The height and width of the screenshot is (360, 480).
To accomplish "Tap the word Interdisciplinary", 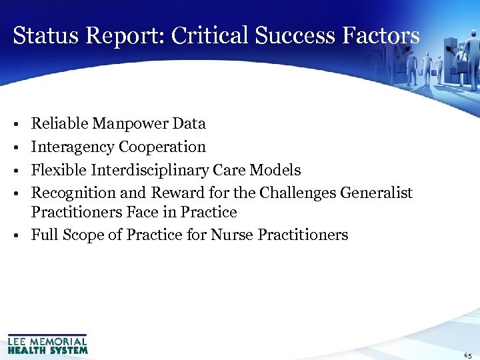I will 144,170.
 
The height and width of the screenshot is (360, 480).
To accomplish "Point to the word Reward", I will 176,193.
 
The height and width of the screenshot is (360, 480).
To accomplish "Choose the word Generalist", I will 376,193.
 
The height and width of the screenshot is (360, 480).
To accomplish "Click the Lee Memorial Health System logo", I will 47,343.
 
